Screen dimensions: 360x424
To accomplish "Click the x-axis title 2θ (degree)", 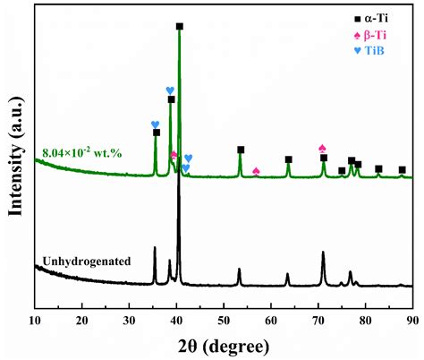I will pyautogui.click(x=222, y=345).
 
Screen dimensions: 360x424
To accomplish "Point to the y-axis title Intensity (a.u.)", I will pyautogui.click(x=13, y=152).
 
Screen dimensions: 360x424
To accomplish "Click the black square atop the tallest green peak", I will pyautogui.click(x=180, y=26).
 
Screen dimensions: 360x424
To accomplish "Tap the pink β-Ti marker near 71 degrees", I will pyautogui.click(x=323, y=148).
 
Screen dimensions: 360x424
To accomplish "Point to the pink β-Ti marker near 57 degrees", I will pyautogui.click(x=256, y=171).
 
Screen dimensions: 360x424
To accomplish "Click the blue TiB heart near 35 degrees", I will pyautogui.click(x=155, y=124).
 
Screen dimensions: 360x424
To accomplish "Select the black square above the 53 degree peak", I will pyautogui.click(x=240, y=150).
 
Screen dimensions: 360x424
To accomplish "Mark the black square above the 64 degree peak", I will pyautogui.click(x=288, y=159).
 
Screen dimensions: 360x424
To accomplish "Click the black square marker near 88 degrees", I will pyautogui.click(x=403, y=169).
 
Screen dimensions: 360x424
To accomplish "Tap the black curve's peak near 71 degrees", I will pyautogui.click(x=323, y=253).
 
